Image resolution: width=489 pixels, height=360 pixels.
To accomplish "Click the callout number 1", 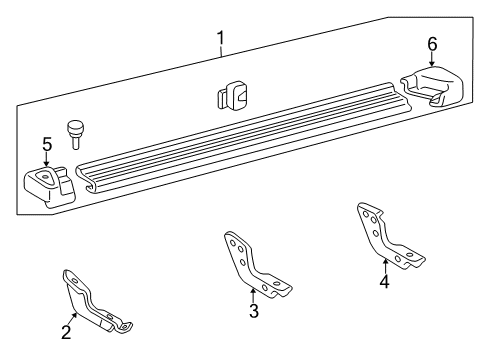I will click(221, 39).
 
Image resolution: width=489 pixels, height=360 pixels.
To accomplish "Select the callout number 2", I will click(66, 334).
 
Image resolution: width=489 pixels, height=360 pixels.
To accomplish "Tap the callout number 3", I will click(254, 311).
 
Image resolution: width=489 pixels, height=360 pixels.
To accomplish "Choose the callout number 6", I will click(432, 44).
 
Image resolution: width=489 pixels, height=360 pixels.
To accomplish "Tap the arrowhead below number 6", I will click(432, 65).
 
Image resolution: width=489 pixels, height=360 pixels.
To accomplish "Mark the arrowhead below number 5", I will click(46, 166).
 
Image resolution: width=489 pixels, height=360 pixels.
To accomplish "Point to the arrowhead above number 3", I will click(253, 291).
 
